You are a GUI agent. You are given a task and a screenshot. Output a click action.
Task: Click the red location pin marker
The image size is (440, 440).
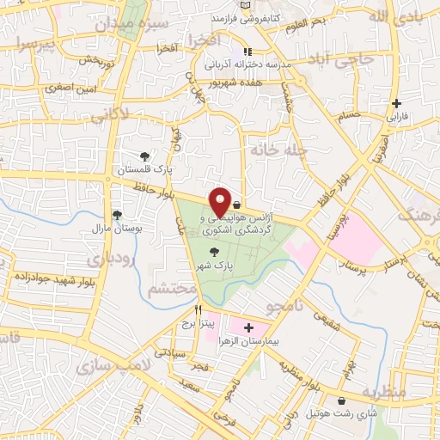pyautogui.click(x=221, y=201)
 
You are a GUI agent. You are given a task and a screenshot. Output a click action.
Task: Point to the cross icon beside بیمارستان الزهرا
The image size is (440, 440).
pyautogui.click(x=249, y=327)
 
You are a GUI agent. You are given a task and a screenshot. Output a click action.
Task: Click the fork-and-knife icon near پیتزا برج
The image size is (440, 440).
pyautogui.click(x=198, y=309)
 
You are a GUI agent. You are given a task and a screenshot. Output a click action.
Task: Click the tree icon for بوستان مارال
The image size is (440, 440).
pyautogui.click(x=117, y=215)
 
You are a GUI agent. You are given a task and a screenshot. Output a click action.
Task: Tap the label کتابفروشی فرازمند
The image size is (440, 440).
pyautogui.click(x=248, y=17)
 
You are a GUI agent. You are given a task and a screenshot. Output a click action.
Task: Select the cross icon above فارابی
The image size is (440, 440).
pyautogui.click(x=396, y=102)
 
